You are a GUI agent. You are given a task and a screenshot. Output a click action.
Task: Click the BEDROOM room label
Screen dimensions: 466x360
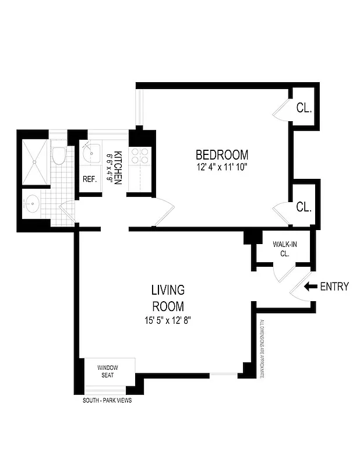221,155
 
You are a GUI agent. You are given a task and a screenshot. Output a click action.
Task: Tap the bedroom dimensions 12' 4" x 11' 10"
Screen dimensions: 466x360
221,168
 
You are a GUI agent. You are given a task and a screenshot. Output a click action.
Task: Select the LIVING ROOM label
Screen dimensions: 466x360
168,298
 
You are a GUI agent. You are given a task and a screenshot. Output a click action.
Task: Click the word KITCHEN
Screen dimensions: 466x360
118,168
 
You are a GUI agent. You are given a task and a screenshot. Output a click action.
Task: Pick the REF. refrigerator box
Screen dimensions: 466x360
89,179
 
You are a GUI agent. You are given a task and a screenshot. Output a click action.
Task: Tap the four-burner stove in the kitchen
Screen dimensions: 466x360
140,156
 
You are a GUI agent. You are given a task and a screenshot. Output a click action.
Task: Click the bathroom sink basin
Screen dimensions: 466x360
33,204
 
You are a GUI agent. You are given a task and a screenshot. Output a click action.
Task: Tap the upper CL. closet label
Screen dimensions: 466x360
304,108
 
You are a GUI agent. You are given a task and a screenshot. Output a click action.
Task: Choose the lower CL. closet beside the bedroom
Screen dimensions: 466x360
304,207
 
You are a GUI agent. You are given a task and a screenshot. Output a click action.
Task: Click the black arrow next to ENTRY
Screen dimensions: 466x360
310,286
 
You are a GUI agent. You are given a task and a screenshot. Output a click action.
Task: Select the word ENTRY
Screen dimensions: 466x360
334,286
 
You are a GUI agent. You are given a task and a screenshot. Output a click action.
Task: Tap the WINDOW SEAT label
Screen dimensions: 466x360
108,371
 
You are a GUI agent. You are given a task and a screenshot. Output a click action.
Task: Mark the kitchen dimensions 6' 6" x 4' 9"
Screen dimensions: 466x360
109,168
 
